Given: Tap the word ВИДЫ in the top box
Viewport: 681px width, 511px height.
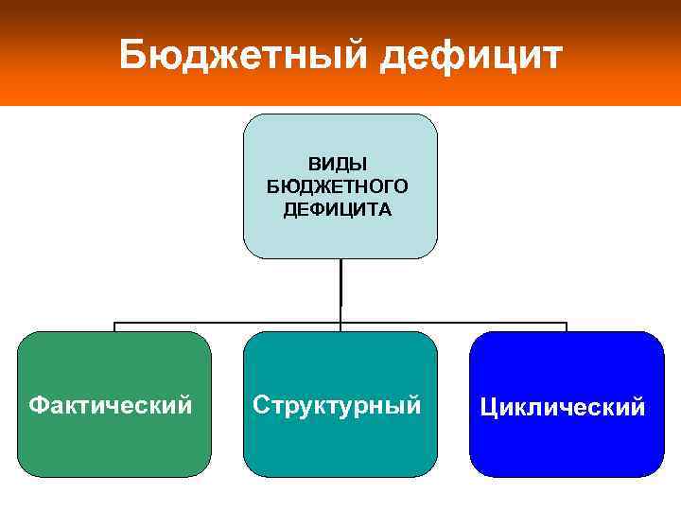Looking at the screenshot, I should (338, 166).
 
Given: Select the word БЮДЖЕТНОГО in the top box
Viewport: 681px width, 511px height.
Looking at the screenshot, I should (338, 186).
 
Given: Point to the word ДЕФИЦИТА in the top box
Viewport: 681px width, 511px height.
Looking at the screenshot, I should (338, 208).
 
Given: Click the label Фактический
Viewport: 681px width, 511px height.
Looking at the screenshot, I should (111, 406).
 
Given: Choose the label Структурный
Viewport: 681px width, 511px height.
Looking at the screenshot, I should (337, 406).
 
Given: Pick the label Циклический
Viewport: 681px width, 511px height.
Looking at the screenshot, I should (563, 408).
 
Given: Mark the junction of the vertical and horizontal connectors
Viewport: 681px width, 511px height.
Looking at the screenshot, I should (340, 323).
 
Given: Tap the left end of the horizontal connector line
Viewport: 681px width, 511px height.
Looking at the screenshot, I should (115, 324).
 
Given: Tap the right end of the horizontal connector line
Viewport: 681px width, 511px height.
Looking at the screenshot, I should (566, 324).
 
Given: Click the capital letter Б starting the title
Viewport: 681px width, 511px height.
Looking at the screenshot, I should (132, 56).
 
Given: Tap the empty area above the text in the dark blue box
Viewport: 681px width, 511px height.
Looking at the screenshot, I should (566, 364).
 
